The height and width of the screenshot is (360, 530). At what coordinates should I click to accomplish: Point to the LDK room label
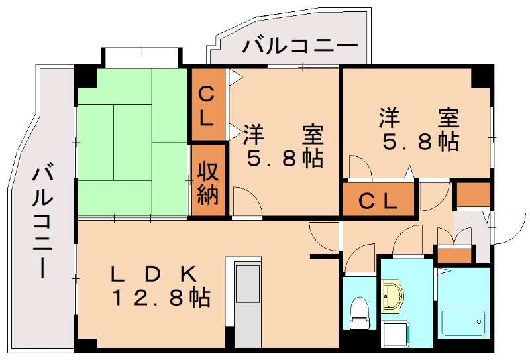click(154, 273)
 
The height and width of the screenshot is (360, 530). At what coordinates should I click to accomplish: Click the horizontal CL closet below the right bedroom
click(378, 200)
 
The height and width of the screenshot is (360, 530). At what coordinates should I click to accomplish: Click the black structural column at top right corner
click(483, 76)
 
